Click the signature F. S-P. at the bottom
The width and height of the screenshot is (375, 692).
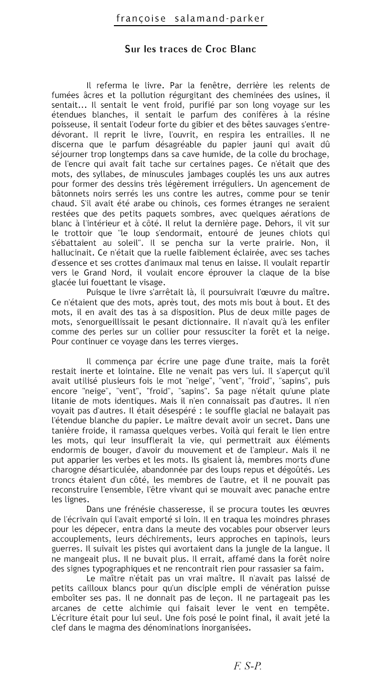[x=248, y=666]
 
